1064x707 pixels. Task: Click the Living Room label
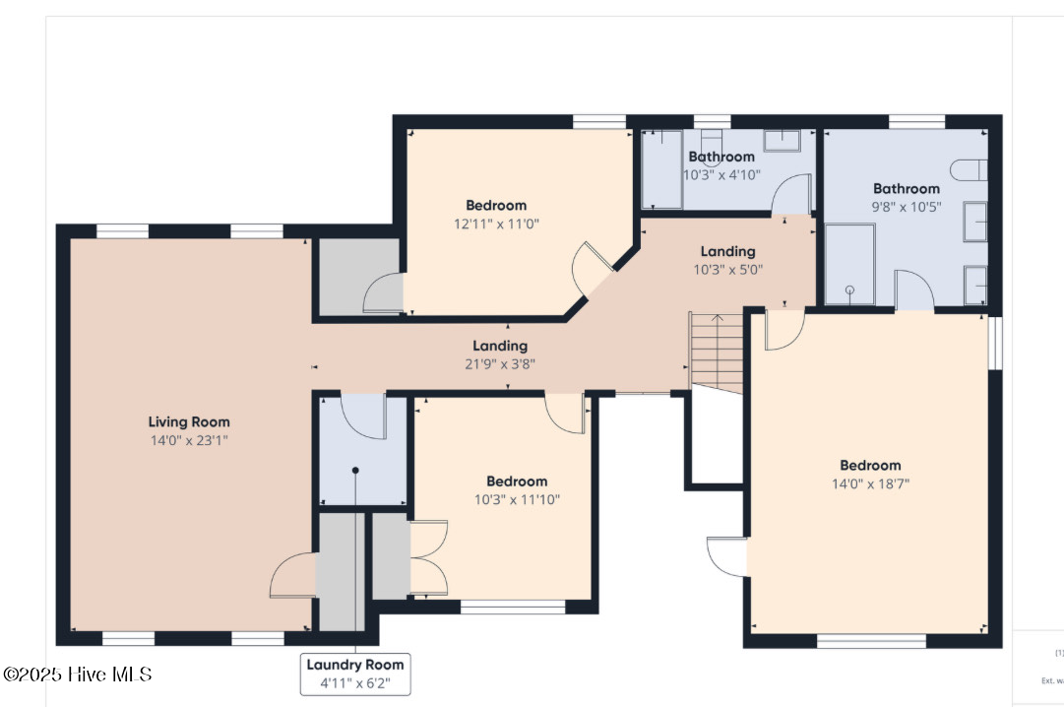click(188, 421)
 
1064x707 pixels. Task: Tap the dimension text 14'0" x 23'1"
click(188, 440)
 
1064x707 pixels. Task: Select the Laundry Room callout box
click(355, 674)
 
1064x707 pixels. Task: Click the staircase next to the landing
click(716, 352)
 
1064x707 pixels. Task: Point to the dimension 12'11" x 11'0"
click(496, 224)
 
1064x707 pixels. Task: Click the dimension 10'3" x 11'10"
click(517, 499)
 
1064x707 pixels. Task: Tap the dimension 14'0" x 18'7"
click(870, 483)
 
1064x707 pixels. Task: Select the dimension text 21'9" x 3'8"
click(500, 363)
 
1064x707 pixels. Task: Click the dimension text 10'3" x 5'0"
click(727, 269)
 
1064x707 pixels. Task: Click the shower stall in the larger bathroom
click(849, 264)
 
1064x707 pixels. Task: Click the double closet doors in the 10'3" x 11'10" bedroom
click(428, 558)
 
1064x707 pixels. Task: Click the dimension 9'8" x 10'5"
click(906, 207)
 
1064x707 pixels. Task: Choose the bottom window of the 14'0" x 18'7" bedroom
click(871, 641)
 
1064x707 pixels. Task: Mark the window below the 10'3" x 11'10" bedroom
click(512, 608)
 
